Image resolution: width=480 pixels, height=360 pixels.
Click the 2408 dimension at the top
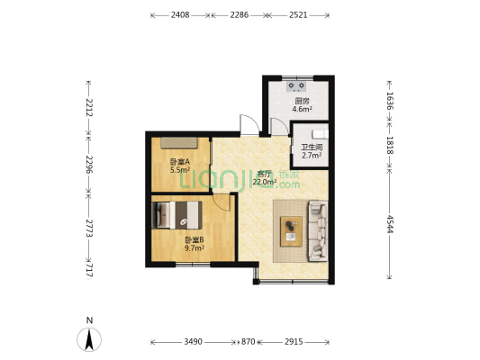click(180, 15)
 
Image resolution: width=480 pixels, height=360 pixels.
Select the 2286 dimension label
click(240, 15)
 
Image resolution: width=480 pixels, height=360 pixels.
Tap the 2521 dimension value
click(298, 15)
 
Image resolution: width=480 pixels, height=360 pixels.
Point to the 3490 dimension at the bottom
click(193, 342)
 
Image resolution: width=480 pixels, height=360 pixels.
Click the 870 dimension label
click(248, 342)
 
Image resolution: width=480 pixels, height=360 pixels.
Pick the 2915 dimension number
click(294, 342)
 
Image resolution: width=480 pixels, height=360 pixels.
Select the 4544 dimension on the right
click(390, 224)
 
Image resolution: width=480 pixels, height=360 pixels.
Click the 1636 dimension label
click(390, 101)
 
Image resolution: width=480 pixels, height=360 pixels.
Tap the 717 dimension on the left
click(89, 271)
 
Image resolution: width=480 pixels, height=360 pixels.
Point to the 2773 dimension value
click(89, 229)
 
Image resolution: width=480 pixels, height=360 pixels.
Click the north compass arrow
click(89, 339)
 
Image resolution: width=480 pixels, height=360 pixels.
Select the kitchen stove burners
click(296, 86)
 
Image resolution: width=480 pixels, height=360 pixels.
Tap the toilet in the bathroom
click(321, 134)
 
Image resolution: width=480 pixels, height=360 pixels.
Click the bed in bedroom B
click(177, 215)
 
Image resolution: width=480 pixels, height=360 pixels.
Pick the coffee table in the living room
click(292, 231)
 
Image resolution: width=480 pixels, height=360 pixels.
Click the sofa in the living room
click(318, 230)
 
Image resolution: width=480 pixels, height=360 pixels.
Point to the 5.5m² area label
click(180, 170)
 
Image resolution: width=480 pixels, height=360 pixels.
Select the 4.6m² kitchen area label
click(303, 109)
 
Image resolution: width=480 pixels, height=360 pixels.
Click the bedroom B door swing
click(222, 202)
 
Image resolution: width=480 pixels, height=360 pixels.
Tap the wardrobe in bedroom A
click(179, 143)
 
